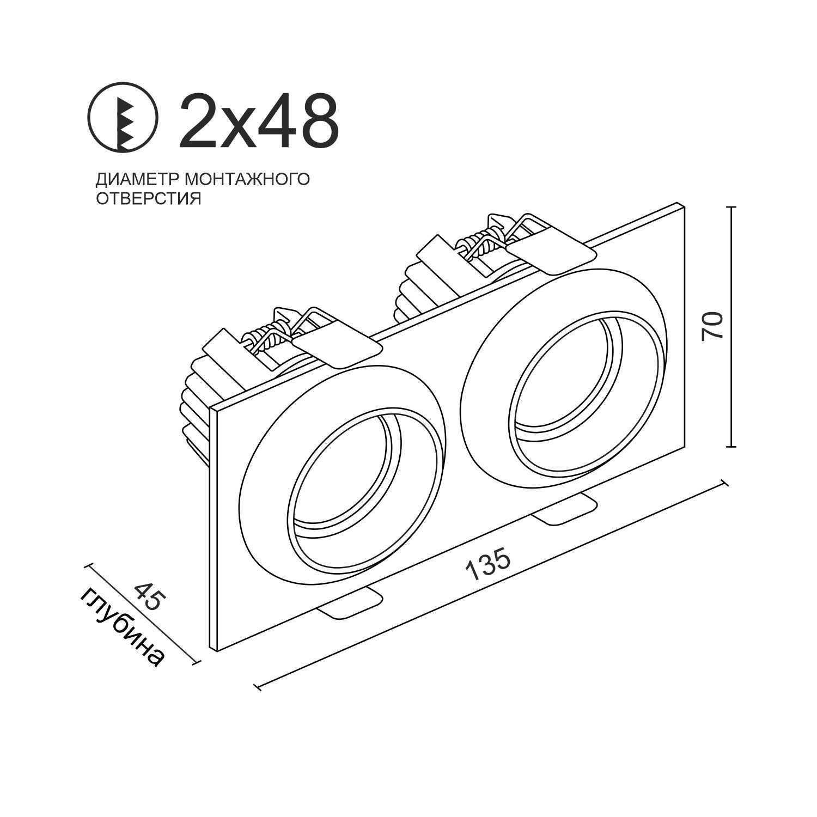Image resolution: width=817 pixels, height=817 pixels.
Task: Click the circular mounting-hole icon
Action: (123, 117)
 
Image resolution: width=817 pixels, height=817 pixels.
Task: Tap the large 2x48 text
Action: (259, 120)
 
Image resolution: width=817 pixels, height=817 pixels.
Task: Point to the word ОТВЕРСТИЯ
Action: (149, 198)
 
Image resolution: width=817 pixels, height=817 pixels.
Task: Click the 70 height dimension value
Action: (713, 326)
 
